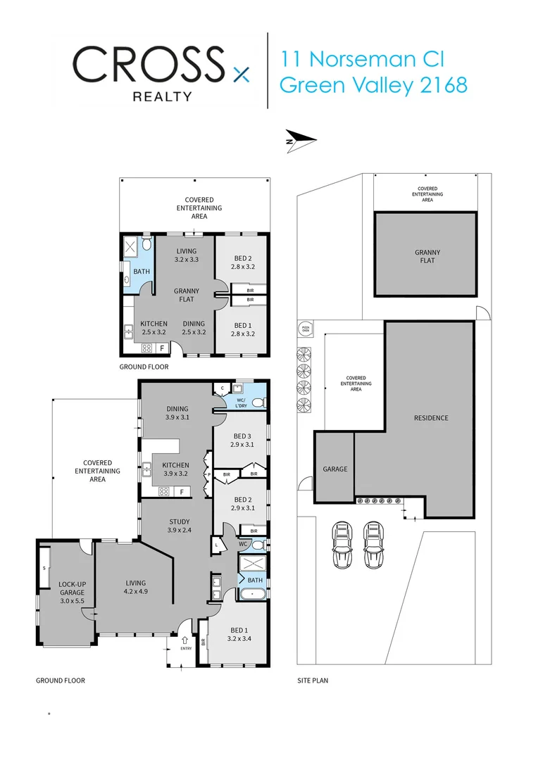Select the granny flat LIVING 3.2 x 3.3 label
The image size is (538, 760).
point(186,255)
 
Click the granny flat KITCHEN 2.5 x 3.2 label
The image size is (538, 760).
point(154,328)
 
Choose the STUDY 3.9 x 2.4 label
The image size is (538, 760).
point(179,525)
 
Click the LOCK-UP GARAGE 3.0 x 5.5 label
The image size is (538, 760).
point(71,592)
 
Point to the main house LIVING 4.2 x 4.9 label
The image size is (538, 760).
point(135,587)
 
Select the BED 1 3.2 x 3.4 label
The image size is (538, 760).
point(238,634)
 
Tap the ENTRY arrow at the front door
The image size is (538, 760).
point(185,641)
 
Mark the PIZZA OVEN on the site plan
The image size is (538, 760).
point(306,329)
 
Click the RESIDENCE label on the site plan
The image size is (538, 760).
point(431,418)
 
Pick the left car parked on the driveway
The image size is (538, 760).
point(341,544)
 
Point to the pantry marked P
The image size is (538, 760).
point(208,475)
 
